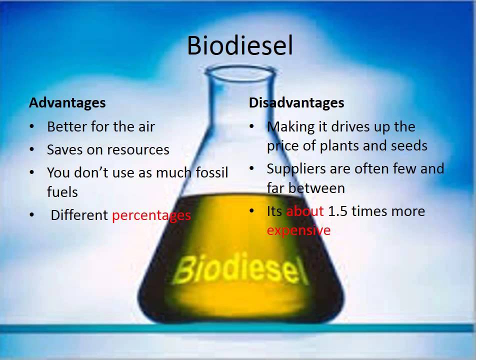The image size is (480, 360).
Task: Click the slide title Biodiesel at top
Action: pos(239,46)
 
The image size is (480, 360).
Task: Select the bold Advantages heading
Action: pos(67,102)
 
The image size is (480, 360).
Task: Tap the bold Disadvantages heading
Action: pos(296,102)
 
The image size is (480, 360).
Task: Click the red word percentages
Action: pos(151,215)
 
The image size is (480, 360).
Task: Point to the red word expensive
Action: pos(298,230)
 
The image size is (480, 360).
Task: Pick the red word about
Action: pos(305,211)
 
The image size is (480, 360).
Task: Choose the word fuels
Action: pos(62,192)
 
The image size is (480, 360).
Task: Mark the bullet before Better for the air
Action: pos(32,127)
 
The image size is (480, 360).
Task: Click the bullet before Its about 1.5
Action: pos(252,211)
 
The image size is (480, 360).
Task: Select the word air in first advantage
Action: pos(145,126)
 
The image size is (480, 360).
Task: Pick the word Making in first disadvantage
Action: pos(287,127)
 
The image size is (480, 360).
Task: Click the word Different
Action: pos(79,215)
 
